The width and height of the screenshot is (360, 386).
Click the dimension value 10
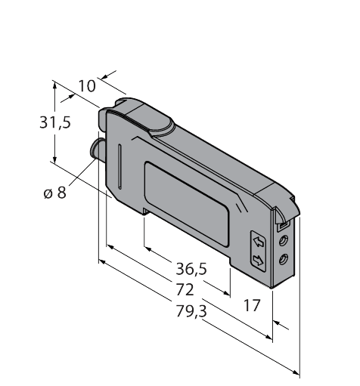tap(87, 85)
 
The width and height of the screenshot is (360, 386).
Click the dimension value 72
tap(184, 289)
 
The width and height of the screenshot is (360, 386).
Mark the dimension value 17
tap(253, 306)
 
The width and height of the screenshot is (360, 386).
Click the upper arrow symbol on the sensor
tap(259, 242)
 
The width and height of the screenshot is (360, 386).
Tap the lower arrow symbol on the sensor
tap(259, 261)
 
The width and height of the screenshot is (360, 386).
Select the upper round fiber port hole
tap(283, 240)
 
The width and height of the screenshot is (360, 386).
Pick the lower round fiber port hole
tap(283, 259)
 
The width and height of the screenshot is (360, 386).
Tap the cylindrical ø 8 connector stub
tap(97, 149)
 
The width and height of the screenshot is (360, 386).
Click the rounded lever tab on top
tap(152, 117)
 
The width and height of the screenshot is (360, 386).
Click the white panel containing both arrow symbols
tap(259, 252)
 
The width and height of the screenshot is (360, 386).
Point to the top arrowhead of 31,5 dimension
tap(54, 85)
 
